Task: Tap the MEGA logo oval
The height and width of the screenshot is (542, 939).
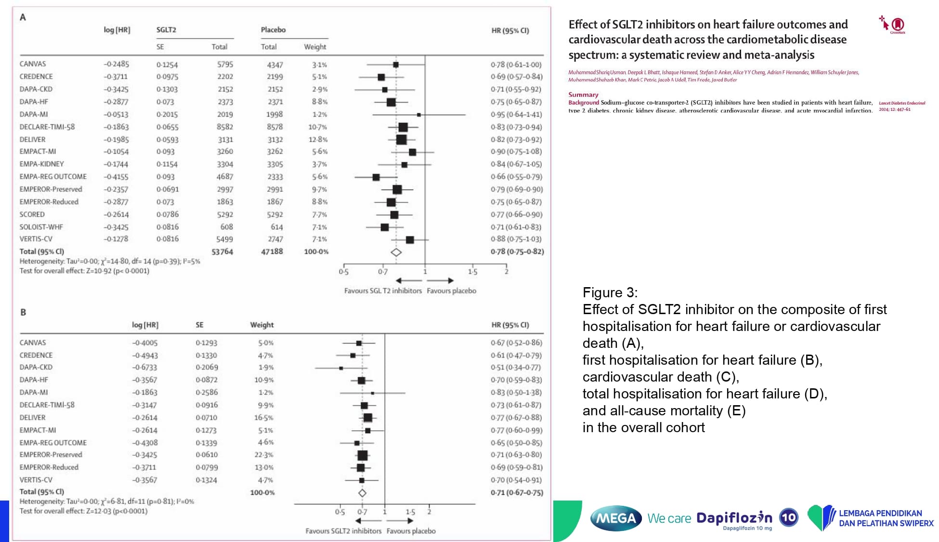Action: coord(616,518)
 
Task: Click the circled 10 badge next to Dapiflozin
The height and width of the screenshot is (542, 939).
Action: coord(788,518)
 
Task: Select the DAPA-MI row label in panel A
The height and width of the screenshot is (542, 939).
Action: coord(34,114)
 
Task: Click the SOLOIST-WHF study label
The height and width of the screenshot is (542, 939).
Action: coord(41,227)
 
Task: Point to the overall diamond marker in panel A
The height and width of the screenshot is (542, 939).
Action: coord(396,252)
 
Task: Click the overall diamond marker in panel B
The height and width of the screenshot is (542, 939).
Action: coord(362,493)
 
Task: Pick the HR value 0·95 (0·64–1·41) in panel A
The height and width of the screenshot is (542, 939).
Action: coord(516,114)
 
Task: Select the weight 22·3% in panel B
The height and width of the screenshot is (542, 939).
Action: coord(264,455)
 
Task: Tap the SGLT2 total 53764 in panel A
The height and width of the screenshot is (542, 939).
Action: coord(222,251)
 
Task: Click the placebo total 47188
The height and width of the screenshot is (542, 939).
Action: coord(272,251)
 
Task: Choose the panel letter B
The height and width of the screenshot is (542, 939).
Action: coord(23,312)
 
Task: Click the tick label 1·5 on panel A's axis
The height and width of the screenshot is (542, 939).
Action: coord(472,272)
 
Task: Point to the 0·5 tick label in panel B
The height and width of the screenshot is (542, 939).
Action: coord(339,512)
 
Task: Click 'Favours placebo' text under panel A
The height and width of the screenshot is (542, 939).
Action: coord(451,291)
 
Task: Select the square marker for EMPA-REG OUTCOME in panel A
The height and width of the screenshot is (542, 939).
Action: coord(376,177)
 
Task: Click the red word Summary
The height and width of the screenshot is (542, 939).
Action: coord(583,94)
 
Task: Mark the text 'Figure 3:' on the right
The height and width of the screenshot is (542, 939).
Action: coord(610,292)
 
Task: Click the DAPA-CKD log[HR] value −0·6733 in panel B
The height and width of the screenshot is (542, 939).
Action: coord(145,368)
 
